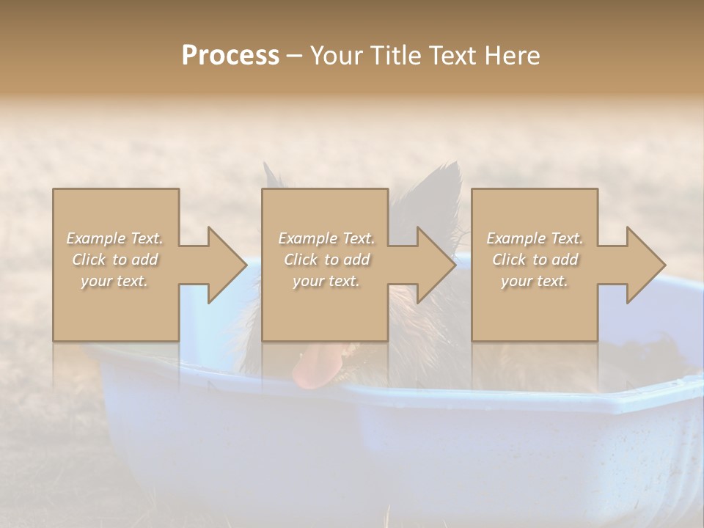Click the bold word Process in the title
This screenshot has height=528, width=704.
tap(230, 56)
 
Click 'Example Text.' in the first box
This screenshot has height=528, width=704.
tap(114, 238)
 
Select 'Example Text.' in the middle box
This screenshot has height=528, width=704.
tap(326, 238)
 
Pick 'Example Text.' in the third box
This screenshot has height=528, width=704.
tap(535, 238)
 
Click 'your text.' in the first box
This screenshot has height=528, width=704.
tap(114, 281)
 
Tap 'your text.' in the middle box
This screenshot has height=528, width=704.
tap(326, 281)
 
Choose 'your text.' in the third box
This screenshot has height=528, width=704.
tap(535, 281)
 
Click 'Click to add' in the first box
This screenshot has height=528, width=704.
tap(114, 260)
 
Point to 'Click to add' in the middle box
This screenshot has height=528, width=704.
tap(326, 260)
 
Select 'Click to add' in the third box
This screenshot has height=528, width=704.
tap(535, 260)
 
